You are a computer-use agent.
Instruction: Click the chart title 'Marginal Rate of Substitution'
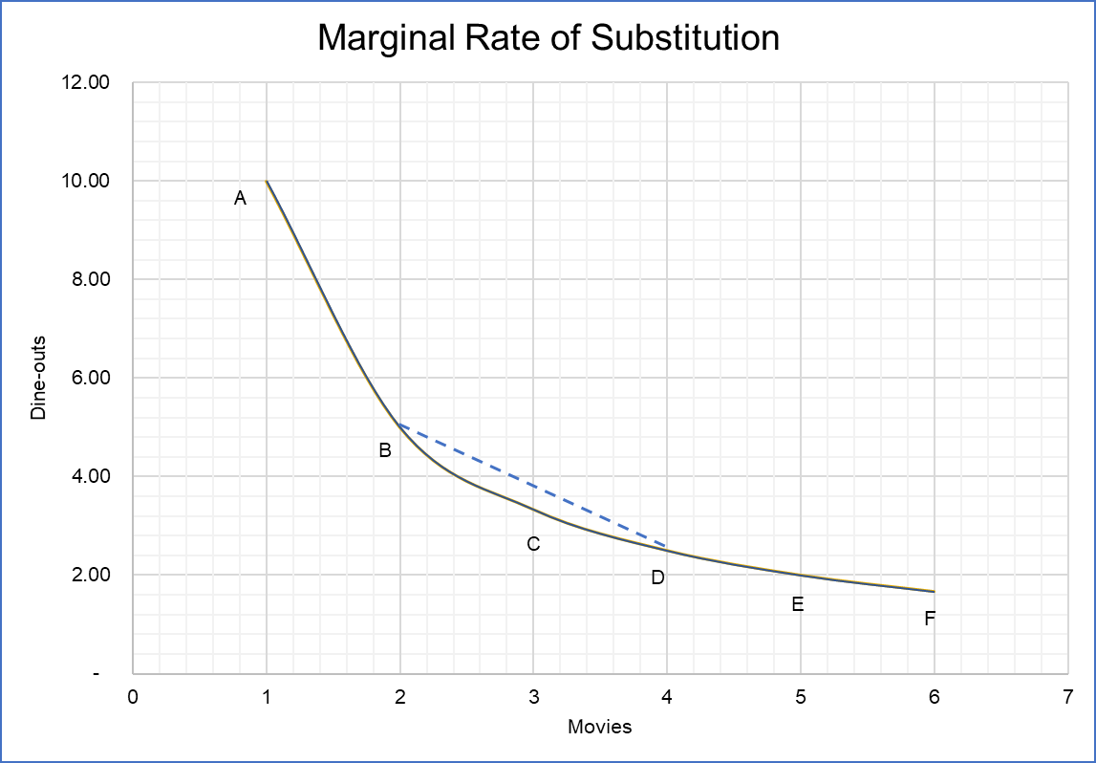pyautogui.click(x=548, y=37)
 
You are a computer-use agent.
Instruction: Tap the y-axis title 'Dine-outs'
pyautogui.click(x=38, y=378)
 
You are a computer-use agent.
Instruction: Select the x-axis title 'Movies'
pyautogui.click(x=600, y=727)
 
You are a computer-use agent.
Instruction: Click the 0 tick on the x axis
pyautogui.click(x=133, y=697)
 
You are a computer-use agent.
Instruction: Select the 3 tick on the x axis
pyautogui.click(x=533, y=697)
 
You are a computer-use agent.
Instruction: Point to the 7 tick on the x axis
pyautogui.click(x=1067, y=697)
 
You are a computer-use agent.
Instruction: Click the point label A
pyautogui.click(x=240, y=199)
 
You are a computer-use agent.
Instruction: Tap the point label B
pyautogui.click(x=384, y=450)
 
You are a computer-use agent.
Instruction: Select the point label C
pyautogui.click(x=533, y=544)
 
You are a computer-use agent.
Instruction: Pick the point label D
pyautogui.click(x=657, y=578)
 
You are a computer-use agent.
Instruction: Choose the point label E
pyautogui.click(x=798, y=604)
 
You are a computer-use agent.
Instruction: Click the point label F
pyautogui.click(x=929, y=619)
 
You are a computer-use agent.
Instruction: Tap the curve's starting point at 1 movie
pyautogui.click(x=267, y=181)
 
